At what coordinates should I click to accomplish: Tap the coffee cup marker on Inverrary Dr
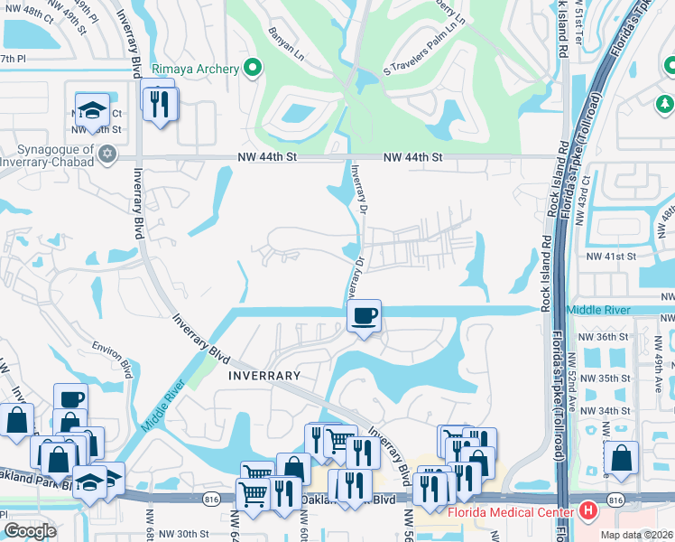(x=364, y=317)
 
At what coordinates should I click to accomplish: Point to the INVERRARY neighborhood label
(x=264, y=375)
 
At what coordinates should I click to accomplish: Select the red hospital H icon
(x=588, y=511)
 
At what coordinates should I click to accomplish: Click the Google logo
(x=30, y=531)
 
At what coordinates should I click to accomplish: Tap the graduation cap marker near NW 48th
(x=92, y=109)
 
